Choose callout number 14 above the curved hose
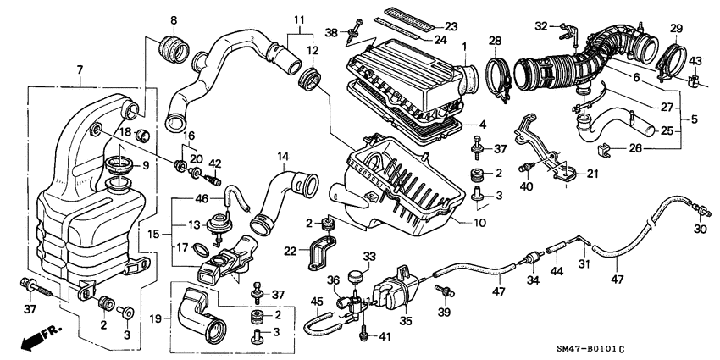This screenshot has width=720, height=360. (283, 157)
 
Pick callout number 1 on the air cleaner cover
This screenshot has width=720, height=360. (464, 44)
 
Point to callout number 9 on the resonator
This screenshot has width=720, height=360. (144, 166)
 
